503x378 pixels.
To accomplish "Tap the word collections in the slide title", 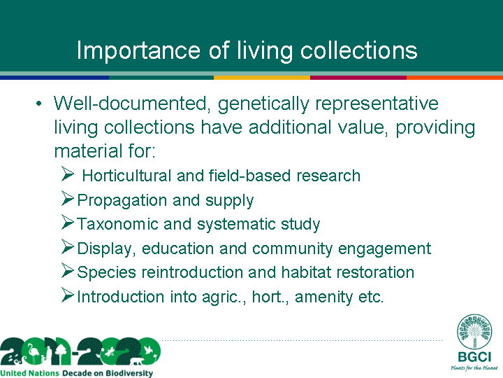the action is point(358,50).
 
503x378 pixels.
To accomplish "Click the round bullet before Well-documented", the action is point(39,104).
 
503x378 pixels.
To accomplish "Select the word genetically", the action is point(263,104).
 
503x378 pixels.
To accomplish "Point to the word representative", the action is point(377,104).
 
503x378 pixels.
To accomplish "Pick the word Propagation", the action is point(122,201).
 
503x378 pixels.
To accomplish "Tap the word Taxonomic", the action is point(118,224).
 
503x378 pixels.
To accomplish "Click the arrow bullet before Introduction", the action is point(68,295).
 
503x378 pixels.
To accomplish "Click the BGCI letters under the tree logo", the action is point(474,357).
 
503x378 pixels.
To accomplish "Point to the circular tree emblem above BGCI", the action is point(474,331).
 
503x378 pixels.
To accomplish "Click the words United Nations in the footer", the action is point(30,373).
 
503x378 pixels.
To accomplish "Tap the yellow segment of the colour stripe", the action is point(262,78).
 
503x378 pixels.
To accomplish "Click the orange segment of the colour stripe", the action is point(455,78).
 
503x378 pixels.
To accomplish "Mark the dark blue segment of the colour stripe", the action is point(54,78).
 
